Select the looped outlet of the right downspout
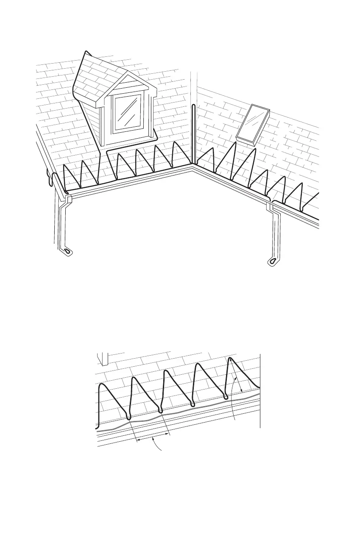coord(272,261)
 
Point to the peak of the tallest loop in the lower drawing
coord(230,359)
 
